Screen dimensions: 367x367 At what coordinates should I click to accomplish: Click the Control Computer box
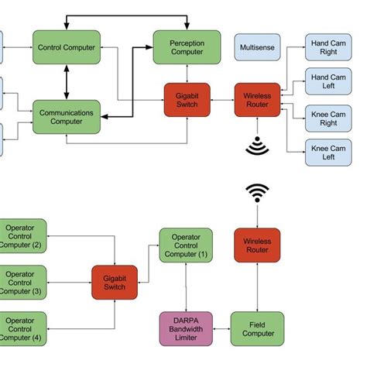tap(67, 47)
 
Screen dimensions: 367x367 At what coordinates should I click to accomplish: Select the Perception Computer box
tap(187, 47)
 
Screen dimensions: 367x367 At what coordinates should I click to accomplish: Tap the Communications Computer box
tap(67, 117)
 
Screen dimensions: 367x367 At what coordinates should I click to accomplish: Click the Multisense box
tap(257, 47)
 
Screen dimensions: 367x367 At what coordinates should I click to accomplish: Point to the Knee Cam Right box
tap(329, 116)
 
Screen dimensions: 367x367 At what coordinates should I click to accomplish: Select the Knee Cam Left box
tap(329, 152)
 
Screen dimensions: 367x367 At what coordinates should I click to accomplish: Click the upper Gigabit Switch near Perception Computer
tap(187, 100)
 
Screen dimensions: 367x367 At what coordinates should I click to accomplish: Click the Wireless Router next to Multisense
tap(257, 100)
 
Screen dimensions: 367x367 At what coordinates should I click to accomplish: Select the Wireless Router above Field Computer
tap(257, 245)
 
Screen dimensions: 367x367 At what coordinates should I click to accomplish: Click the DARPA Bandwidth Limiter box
tap(185, 328)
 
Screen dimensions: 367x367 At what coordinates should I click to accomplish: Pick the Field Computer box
tap(257, 328)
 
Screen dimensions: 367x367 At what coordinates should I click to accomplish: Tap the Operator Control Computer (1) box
tap(185, 245)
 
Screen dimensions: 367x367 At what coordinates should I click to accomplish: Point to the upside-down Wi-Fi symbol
tap(257, 146)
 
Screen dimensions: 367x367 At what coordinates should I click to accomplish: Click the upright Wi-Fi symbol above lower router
tap(257, 194)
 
